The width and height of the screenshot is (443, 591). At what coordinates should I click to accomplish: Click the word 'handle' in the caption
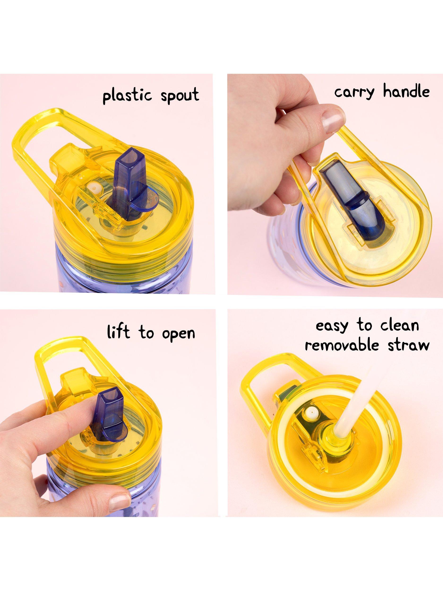406,92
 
